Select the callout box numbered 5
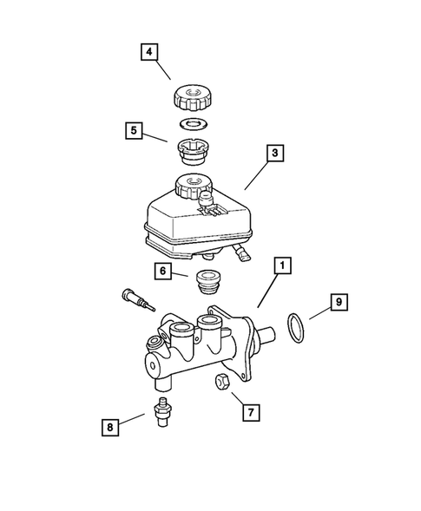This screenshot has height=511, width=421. (133, 132)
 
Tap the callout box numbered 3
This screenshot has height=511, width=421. (273, 154)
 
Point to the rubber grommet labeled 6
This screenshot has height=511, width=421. (206, 283)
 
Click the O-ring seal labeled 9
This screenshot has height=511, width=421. (295, 328)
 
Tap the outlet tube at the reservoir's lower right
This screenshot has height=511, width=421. (240, 252)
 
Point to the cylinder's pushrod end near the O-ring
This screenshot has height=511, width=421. (267, 336)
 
